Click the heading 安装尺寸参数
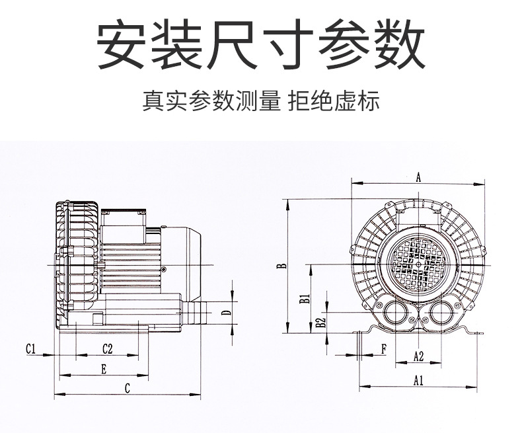pos(261,46)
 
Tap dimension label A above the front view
pos(418,177)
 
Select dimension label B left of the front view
pos(281,266)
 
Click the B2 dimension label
pos(320,323)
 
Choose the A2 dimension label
pos(418,356)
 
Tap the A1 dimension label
pos(418,379)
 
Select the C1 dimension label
pos(31,348)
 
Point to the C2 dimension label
pos(107,348)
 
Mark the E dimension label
pos(104,369)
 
